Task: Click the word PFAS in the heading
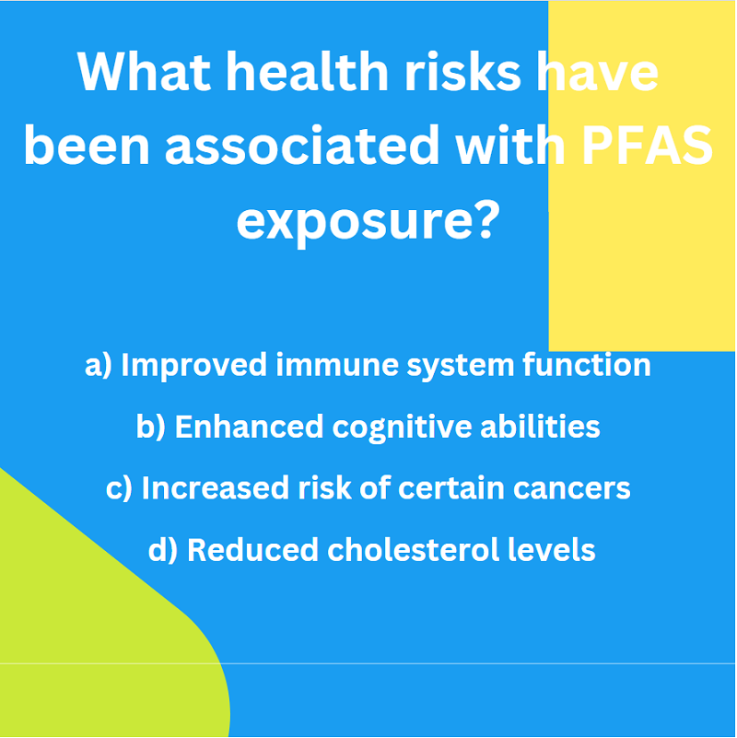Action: (648, 146)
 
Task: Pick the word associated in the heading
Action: (302, 145)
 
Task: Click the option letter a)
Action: (99, 365)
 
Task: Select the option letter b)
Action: (150, 427)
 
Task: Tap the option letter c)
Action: (119, 488)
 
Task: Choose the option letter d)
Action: (163, 550)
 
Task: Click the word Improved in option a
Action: (194, 366)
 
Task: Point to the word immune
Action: (337, 365)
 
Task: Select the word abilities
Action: (540, 426)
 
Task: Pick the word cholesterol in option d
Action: (414, 549)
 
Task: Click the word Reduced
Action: (253, 549)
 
